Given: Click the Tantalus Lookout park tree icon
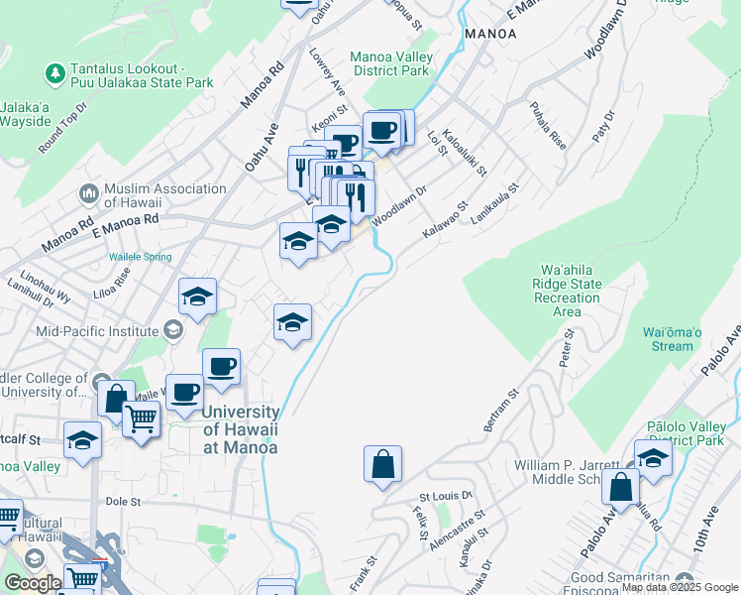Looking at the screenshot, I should [54, 73].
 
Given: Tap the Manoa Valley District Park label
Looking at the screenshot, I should [390, 63].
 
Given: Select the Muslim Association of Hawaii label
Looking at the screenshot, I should [165, 195].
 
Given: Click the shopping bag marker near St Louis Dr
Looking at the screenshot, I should [382, 463].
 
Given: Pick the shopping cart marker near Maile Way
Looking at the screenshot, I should [142, 418].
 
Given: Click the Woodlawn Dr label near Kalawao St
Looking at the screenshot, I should [400, 206].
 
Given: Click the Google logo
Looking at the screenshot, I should [33, 584].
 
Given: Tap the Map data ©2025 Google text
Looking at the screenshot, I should [680, 587].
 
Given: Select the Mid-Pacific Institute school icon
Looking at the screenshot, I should [173, 329].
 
